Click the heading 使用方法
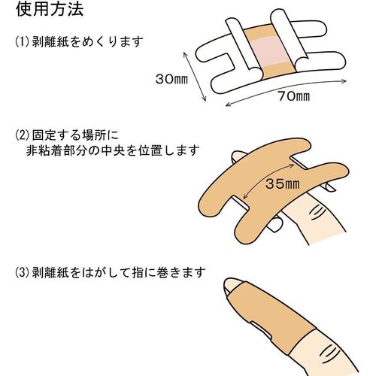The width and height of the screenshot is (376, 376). pos(50,9)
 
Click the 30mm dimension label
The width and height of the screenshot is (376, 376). pos(171,79)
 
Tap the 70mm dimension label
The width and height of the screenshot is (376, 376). pos(294,96)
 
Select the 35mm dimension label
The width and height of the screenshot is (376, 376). pos(282,184)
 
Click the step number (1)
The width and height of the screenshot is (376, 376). pos(23,41)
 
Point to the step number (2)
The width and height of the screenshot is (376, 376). pos(23,135)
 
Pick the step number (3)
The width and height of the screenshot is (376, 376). pos(23,272)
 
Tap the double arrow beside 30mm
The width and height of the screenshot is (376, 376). pos(195,77)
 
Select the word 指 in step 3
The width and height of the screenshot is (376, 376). pos(138,273)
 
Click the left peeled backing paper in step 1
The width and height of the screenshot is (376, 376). pos(243,47)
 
